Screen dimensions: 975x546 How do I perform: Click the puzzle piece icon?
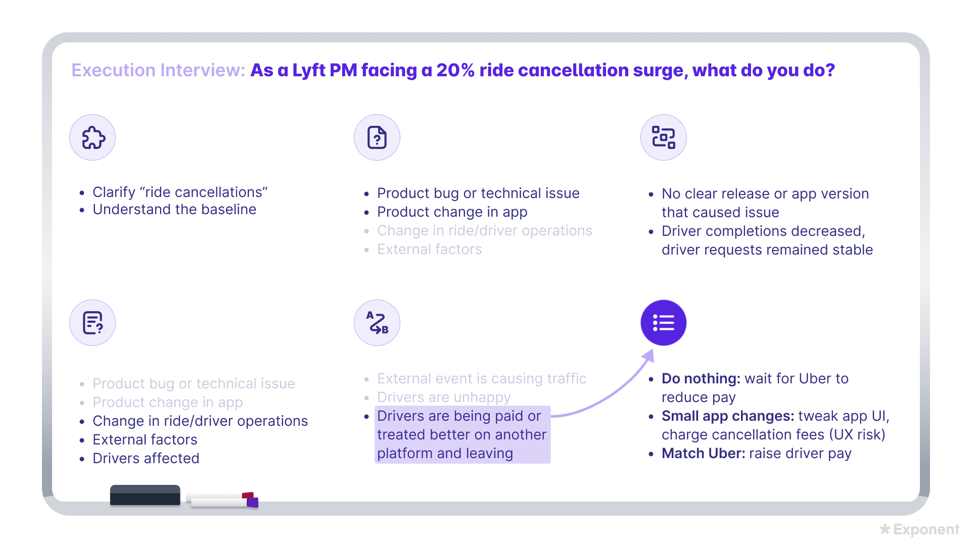pyautogui.click(x=93, y=137)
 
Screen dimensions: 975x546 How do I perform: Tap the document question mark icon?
pyautogui.click(x=377, y=137)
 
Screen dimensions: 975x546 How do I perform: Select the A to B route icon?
pyautogui.click(x=377, y=323)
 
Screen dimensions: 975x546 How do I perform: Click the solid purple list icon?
pyautogui.click(x=663, y=323)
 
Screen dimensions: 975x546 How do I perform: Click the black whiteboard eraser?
pyautogui.click(x=145, y=495)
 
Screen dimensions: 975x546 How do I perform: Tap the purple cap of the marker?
pyautogui.click(x=252, y=502)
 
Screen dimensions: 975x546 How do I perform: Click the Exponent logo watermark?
pyautogui.click(x=919, y=529)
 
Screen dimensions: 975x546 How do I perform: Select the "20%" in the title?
pyautogui.click(x=455, y=70)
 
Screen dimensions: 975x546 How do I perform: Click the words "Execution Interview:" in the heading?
pyautogui.click(x=158, y=70)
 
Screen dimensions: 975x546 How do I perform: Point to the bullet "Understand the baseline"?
pyautogui.click(x=174, y=210)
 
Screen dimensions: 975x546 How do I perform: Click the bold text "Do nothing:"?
pyautogui.click(x=701, y=378)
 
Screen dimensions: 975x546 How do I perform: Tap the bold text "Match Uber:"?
pyautogui.click(x=703, y=453)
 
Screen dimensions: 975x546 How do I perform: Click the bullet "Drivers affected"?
pyautogui.click(x=146, y=458)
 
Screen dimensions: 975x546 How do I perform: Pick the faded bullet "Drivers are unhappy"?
pyautogui.click(x=444, y=397)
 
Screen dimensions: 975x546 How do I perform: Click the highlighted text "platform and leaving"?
pyautogui.click(x=445, y=453)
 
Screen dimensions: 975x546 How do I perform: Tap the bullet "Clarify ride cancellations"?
pyautogui.click(x=180, y=192)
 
